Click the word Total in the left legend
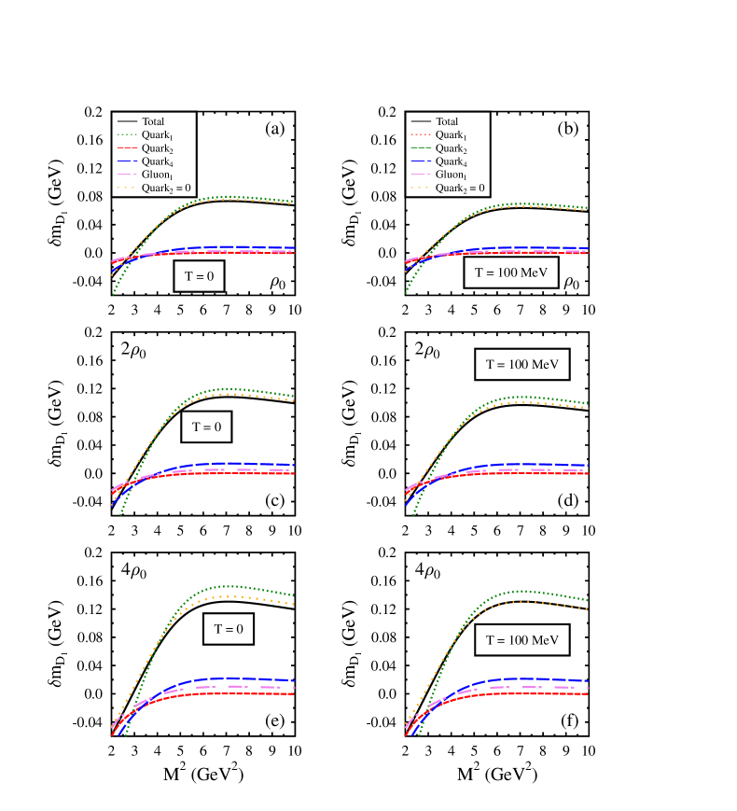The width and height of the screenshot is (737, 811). tap(153, 121)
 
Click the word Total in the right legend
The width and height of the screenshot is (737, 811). tap(447, 121)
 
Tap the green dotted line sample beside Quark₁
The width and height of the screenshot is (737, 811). tap(127, 135)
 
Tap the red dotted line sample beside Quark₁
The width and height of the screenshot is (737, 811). tap(421, 135)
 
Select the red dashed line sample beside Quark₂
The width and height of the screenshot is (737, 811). tap(127, 148)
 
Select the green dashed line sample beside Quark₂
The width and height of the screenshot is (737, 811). tap(421, 148)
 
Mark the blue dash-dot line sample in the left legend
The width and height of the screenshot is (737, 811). tap(127, 161)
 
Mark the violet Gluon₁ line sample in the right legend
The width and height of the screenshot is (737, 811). tap(421, 175)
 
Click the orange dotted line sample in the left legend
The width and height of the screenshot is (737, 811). tap(127, 188)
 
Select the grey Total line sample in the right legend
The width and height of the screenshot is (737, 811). tap(421, 121)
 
